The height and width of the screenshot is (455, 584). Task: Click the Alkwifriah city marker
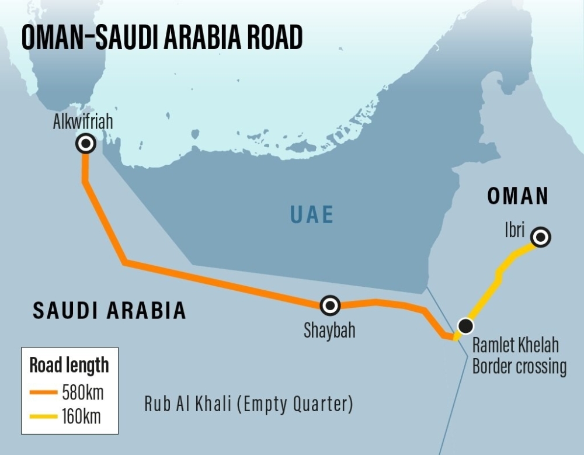click(x=86, y=144)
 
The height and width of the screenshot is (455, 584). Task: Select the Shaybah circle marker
click(x=330, y=305)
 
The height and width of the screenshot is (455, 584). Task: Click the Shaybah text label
click(x=329, y=331)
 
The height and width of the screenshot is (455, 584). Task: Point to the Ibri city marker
click(x=541, y=237)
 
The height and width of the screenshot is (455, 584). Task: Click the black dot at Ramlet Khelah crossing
click(x=465, y=326)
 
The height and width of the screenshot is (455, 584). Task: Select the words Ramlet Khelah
click(x=515, y=346)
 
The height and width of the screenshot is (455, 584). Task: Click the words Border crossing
click(x=519, y=367)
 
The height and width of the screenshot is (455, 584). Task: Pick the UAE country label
click(x=312, y=215)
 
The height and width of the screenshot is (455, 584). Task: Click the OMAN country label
click(x=518, y=197)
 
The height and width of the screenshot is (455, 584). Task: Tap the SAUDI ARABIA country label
click(x=109, y=311)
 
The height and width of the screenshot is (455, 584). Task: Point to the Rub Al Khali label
click(x=249, y=404)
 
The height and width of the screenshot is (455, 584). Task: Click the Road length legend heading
click(x=69, y=366)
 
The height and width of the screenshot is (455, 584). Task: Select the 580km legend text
click(x=82, y=392)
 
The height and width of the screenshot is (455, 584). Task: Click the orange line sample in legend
click(x=44, y=392)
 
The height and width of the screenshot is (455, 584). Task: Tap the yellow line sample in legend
click(x=44, y=416)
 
